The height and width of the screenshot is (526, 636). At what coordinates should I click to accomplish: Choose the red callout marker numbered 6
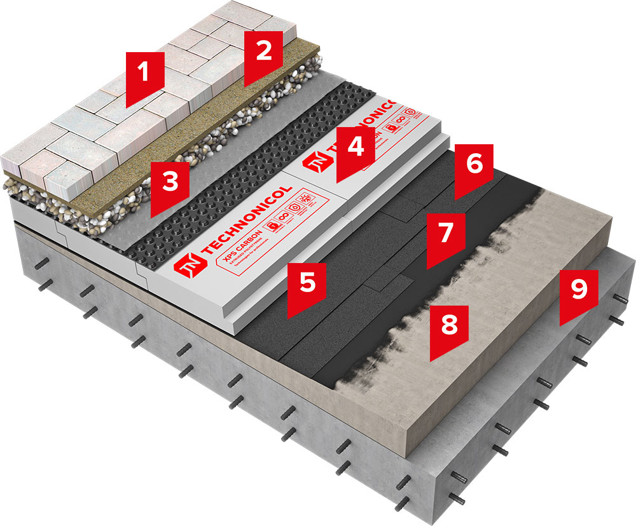pos(474,166)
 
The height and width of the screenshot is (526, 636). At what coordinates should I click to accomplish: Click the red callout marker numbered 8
pos(449,327)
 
